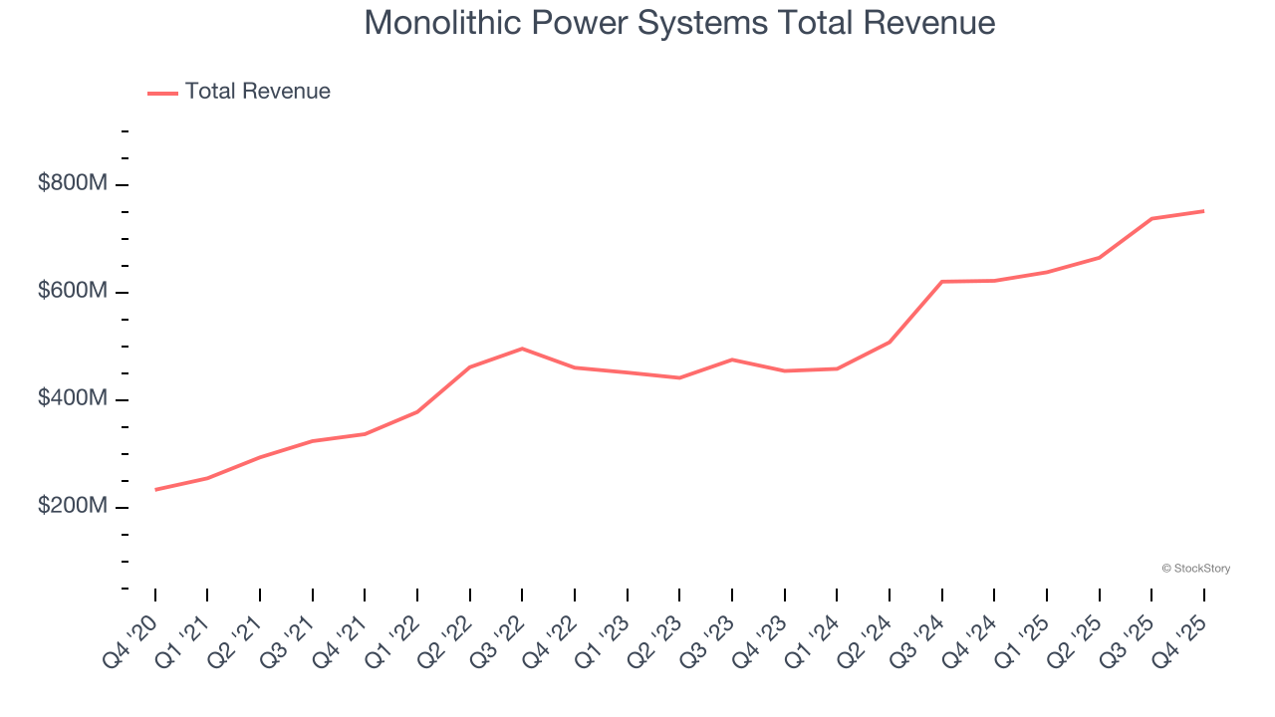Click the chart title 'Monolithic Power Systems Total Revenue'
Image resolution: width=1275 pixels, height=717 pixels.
[x=679, y=23]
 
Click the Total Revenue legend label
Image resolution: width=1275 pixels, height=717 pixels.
[x=257, y=92]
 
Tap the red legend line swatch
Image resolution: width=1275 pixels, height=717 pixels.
[x=162, y=93]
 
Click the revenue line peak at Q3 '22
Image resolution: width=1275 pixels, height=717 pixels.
[x=522, y=349]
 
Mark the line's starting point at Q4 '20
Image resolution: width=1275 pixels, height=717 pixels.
[x=155, y=490]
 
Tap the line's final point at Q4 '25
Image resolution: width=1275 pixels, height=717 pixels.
[x=1203, y=211]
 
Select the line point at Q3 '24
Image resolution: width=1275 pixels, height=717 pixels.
[x=941, y=282]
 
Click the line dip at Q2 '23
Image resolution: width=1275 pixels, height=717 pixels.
[x=679, y=377]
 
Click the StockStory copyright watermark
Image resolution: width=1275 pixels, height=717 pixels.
[x=1195, y=569]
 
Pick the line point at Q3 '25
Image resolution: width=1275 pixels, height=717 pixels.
[x=1151, y=219]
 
